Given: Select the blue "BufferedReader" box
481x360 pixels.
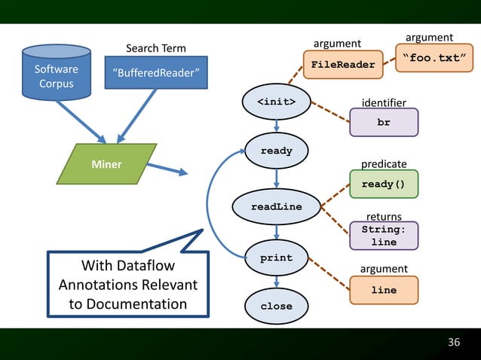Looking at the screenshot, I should [155, 72].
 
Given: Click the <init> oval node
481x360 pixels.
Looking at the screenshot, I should [277, 102].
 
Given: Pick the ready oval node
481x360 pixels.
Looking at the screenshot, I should [277, 151].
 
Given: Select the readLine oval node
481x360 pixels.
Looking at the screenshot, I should [277, 206].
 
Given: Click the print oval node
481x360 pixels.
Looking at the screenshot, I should [277, 258].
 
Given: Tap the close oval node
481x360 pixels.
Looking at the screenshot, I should [277, 307].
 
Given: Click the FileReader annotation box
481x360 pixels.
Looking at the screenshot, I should [343, 65].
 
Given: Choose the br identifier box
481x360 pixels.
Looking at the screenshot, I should [384, 123].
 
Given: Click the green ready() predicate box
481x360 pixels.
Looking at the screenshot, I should [384, 184].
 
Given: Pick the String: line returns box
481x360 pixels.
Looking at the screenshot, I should [384, 236].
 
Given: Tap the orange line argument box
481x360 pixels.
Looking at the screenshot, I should [384, 290].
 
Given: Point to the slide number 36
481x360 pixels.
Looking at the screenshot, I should [453, 343].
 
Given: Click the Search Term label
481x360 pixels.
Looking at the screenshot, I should [155, 49].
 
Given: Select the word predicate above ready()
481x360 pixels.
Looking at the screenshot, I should [384, 163].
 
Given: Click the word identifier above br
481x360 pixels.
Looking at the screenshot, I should [384, 102].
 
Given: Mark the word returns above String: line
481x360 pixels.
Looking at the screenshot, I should [384, 217].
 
